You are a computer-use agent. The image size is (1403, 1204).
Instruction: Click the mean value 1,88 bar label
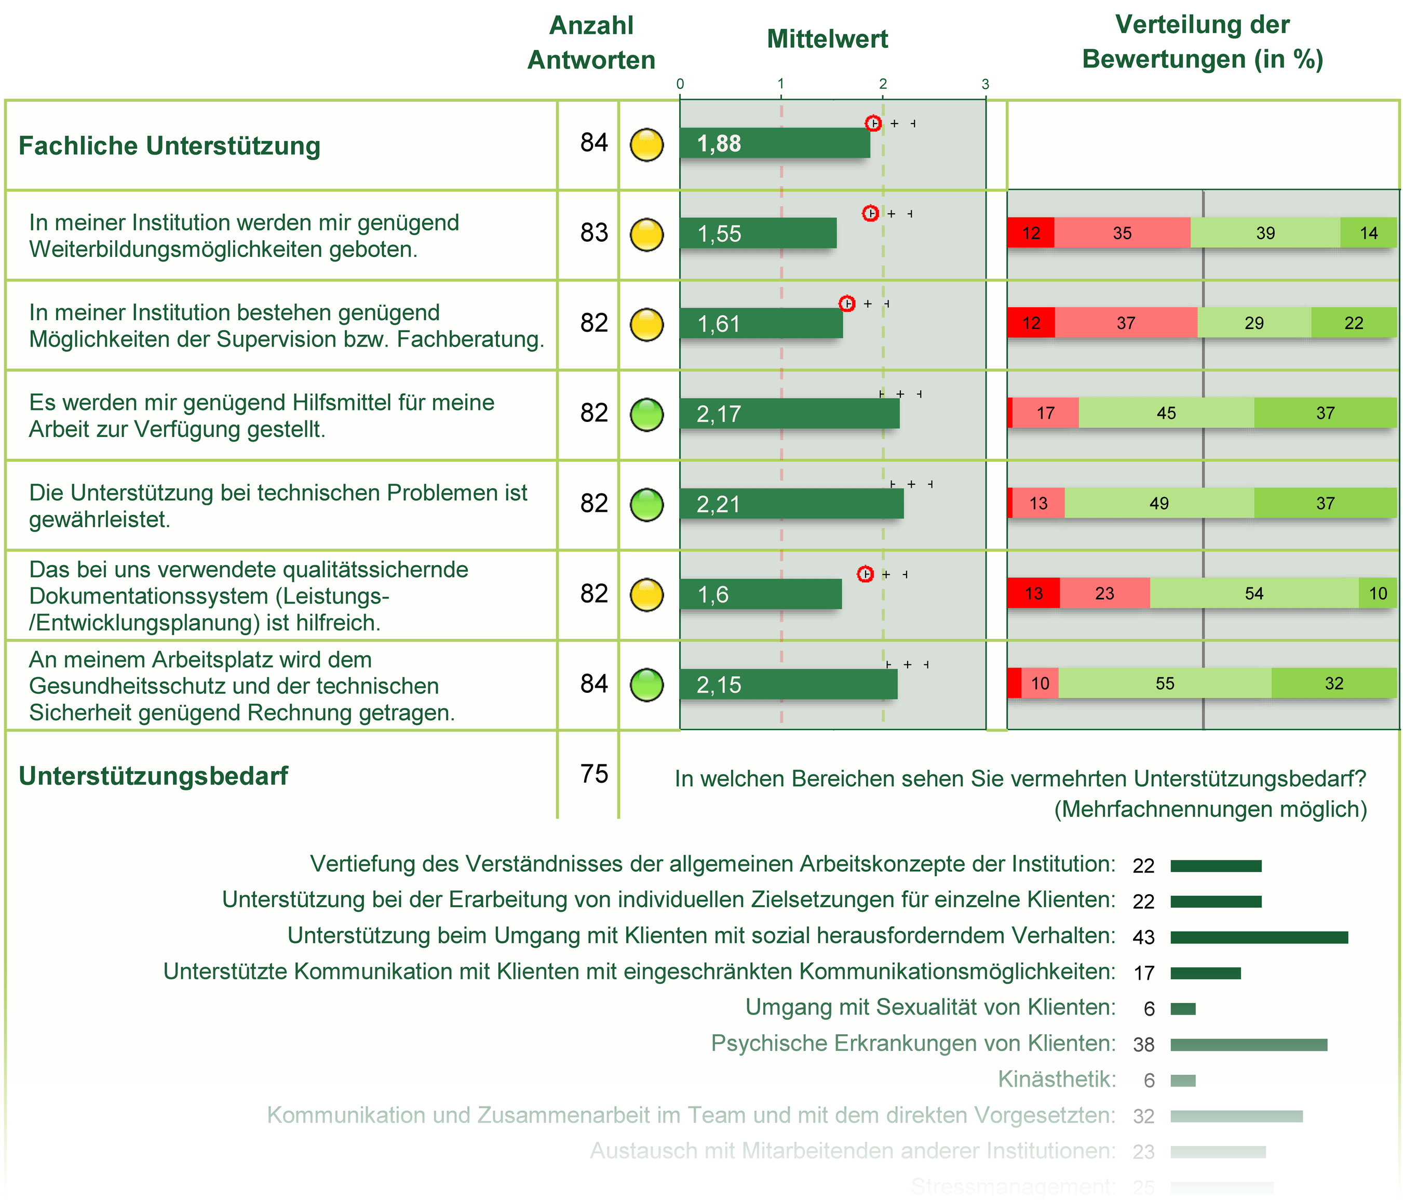pos(719,143)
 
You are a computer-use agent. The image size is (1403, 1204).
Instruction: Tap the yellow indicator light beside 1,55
pos(646,235)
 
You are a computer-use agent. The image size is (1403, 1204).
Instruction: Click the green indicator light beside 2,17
pos(646,414)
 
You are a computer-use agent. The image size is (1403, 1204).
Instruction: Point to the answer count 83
pos(594,233)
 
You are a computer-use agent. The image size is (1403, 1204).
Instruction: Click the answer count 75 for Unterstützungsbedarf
pos(594,774)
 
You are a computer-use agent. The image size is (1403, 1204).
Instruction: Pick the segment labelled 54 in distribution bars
pos(1253,594)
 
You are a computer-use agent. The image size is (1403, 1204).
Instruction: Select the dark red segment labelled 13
pos(1033,594)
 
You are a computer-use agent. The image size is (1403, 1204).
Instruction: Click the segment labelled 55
pos(1164,683)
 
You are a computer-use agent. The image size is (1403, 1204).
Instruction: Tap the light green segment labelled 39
pos(1265,233)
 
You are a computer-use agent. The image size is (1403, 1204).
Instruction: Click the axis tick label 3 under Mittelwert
pos(985,84)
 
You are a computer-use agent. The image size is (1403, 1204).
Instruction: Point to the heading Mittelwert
pos(827,39)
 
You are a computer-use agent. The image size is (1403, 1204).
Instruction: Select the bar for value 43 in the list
pos(1258,937)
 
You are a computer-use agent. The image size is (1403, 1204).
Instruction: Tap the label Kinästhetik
pos(1056,1079)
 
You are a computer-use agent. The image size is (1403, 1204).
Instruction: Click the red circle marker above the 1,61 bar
pos(846,303)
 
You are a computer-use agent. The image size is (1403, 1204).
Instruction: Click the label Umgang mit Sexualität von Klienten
pos(929,1008)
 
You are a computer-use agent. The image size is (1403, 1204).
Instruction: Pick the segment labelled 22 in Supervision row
pos(1353,323)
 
